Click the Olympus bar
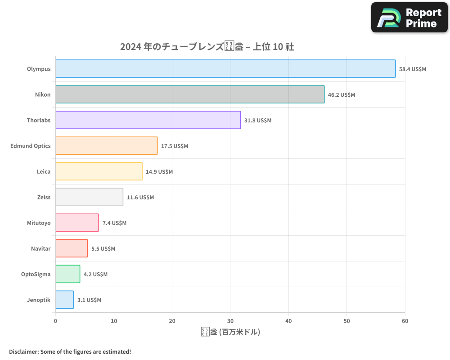(x=225, y=69)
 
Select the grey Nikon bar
(x=189, y=94)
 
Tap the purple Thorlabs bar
(x=148, y=120)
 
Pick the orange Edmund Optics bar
(x=106, y=146)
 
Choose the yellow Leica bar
(x=99, y=171)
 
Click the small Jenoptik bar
(x=64, y=300)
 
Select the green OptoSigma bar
(x=67, y=274)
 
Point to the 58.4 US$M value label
(x=412, y=69)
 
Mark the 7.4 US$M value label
(x=114, y=223)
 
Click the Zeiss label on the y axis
(x=44, y=197)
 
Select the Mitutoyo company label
(x=39, y=223)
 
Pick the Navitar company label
(x=40, y=248)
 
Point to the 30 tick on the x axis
(x=230, y=321)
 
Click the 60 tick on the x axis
(x=405, y=321)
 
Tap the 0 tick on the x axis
(x=55, y=321)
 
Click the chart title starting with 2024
(x=207, y=47)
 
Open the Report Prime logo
(x=409, y=18)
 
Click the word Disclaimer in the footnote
(x=23, y=351)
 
